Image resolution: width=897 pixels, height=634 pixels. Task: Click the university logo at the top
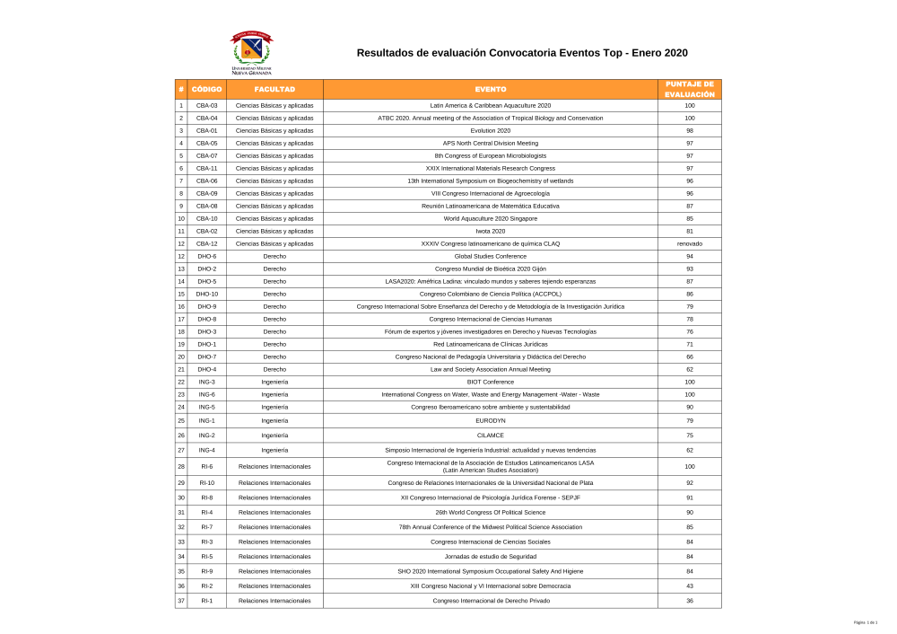pos(251,53)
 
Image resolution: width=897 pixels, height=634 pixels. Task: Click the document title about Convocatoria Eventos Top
pos(522,53)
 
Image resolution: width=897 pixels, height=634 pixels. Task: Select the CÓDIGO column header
pos(206,89)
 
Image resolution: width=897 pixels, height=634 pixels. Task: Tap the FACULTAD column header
pos(274,89)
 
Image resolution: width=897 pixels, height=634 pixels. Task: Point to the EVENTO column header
pos(491,89)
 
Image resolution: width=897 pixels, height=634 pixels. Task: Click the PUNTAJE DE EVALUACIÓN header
pos(689,89)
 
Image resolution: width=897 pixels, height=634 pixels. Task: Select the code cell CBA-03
pos(206,105)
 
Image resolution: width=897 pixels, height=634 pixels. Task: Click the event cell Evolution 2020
pos(491,130)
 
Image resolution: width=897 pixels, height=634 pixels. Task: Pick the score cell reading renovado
pos(689,243)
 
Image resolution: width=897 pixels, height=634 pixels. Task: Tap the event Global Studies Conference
pos(491,256)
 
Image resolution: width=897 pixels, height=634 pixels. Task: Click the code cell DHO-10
pos(206,294)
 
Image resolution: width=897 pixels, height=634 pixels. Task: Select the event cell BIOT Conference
pos(491,382)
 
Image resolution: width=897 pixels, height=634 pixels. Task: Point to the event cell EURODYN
pos(491,420)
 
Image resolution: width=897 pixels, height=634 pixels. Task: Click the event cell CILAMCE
pos(491,435)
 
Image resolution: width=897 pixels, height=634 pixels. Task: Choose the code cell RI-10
pos(206,482)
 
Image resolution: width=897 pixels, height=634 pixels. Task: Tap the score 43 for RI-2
pos(689,586)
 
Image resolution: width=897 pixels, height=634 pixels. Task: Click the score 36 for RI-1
pos(689,600)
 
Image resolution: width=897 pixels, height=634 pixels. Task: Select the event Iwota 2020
pos(491,231)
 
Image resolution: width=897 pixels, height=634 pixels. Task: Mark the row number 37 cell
pos(181,600)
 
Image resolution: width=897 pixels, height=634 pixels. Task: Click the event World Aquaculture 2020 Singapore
pos(491,218)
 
